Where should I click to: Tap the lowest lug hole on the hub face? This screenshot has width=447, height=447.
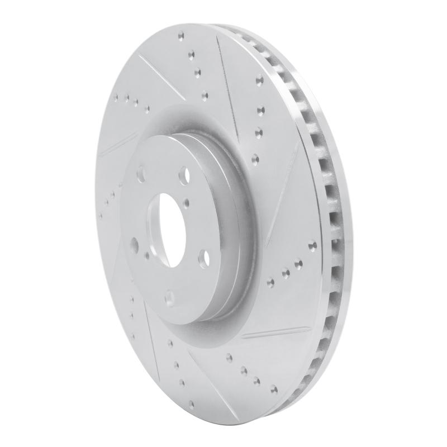[x=169, y=296]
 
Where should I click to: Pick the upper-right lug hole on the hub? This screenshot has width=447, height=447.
[x=183, y=175]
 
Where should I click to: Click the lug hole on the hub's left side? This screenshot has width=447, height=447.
[x=134, y=244]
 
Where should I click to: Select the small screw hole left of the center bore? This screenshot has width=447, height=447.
[x=146, y=254]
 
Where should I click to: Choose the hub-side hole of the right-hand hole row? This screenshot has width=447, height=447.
[x=271, y=280]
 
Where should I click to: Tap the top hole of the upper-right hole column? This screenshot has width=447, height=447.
[x=259, y=79]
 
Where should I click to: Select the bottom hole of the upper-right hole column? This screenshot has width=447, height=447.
[x=255, y=158]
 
